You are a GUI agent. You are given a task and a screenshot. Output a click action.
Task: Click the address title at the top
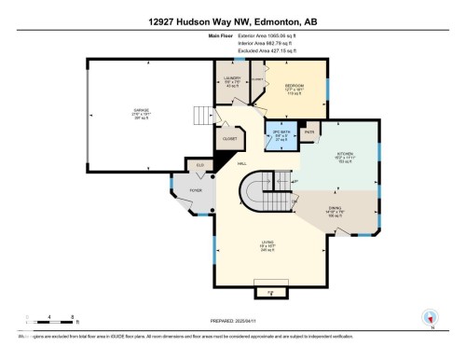(232, 18)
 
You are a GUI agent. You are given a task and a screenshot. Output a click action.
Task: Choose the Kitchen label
(342, 159)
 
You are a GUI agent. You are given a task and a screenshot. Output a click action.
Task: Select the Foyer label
(196, 190)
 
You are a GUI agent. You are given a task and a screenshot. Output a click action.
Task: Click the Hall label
(241, 164)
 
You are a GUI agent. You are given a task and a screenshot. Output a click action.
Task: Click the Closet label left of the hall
(228, 139)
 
